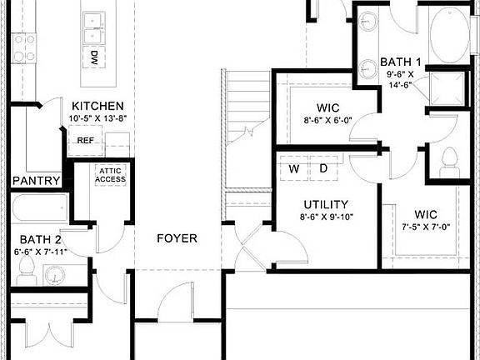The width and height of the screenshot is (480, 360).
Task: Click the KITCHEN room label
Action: (97, 107)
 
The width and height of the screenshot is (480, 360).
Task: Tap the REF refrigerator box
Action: (85, 141)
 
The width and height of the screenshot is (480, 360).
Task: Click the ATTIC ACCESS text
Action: (110, 175)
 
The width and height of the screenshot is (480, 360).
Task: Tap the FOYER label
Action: (177, 238)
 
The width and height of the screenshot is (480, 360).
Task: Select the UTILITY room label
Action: (326, 204)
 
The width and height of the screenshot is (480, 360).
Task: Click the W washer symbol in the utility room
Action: (294, 168)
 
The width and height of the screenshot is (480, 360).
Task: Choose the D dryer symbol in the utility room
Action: (323, 168)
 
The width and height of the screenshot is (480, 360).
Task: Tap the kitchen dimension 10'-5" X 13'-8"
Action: (97, 119)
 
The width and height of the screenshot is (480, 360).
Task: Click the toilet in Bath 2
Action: (25, 268)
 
